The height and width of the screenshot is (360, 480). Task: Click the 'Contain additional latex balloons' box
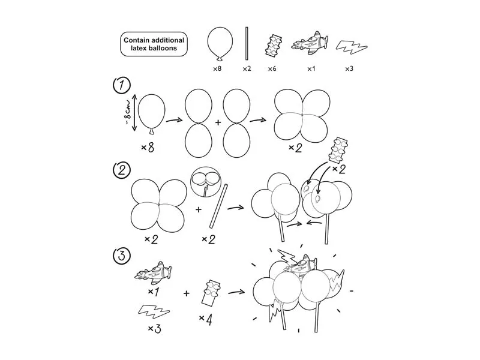(154, 44)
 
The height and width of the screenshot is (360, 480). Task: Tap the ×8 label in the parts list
(218, 69)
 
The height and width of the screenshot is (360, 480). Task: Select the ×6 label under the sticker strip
(273, 69)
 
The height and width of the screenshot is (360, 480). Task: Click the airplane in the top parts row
(310, 43)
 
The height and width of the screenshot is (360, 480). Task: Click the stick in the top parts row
(247, 43)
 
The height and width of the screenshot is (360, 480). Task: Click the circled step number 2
(122, 170)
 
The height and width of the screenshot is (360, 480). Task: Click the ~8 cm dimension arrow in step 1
(134, 112)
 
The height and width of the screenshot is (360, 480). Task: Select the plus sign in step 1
(218, 122)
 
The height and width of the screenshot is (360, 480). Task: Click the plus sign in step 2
(199, 209)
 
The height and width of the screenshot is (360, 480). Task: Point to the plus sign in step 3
(187, 293)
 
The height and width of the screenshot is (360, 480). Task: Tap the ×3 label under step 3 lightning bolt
(154, 329)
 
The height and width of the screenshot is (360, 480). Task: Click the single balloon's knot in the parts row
(220, 58)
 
